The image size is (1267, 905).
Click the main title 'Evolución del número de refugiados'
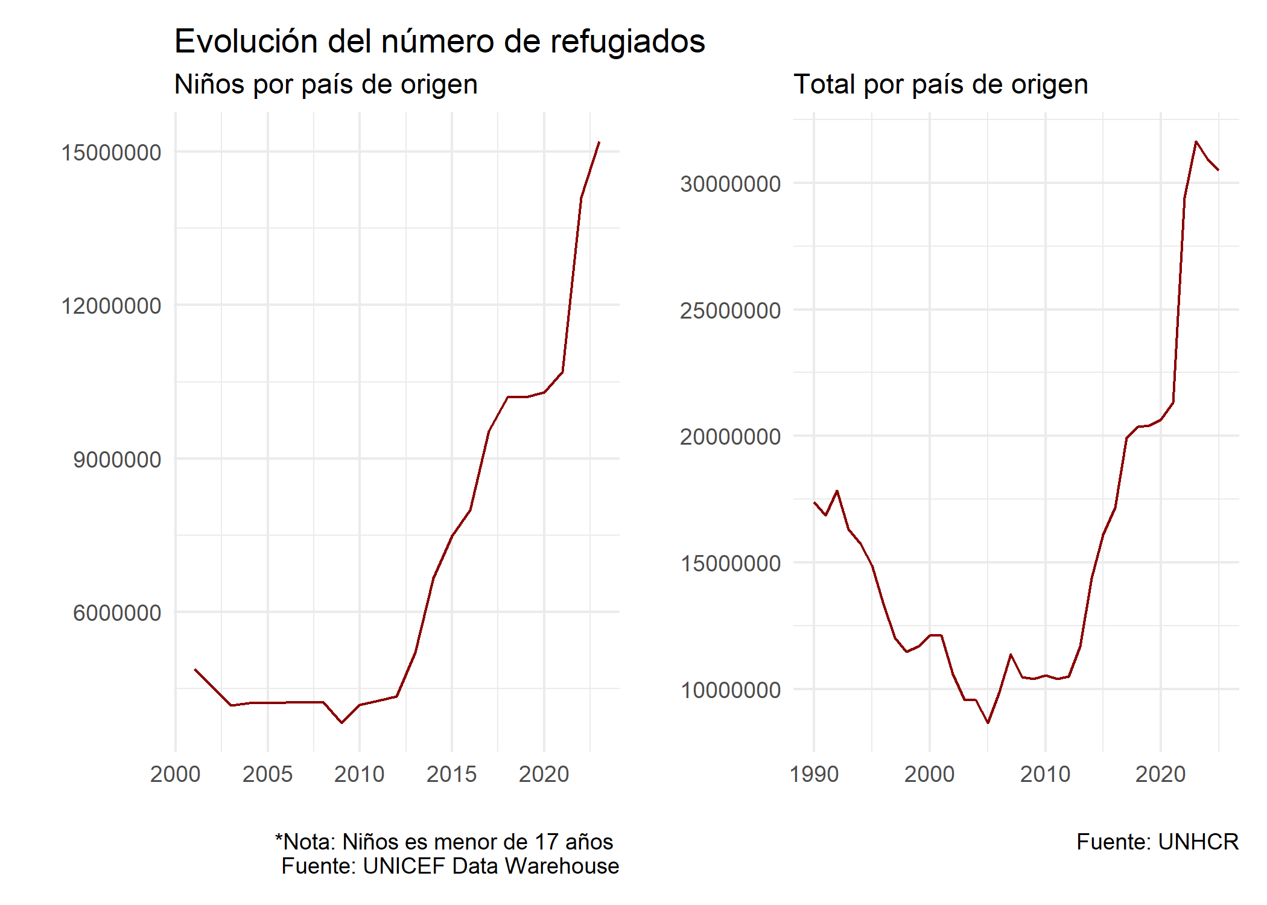(x=439, y=42)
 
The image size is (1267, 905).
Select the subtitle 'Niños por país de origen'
(x=326, y=84)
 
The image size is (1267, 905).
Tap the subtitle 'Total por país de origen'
(x=941, y=84)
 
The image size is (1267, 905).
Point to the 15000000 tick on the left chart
(x=112, y=152)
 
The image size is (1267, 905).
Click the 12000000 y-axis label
(x=112, y=306)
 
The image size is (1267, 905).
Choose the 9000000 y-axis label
(x=117, y=460)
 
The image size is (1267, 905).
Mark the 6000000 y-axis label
(x=117, y=613)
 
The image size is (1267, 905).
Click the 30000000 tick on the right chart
(x=730, y=183)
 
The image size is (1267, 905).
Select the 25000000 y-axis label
(x=730, y=311)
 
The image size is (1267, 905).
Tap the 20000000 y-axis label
(x=730, y=437)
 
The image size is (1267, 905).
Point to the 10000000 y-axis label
(x=730, y=690)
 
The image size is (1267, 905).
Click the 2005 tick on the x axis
(x=267, y=774)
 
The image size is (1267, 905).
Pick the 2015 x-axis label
(x=451, y=774)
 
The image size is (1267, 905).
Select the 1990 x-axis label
(x=814, y=774)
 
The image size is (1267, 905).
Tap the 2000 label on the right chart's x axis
(x=929, y=774)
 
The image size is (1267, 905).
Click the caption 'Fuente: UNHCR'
(x=1157, y=842)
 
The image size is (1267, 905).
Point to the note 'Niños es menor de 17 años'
(x=444, y=842)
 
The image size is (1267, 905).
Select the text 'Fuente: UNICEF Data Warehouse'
(x=450, y=866)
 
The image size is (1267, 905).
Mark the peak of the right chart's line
(x=1196, y=142)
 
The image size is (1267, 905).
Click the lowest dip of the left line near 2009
(x=342, y=722)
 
